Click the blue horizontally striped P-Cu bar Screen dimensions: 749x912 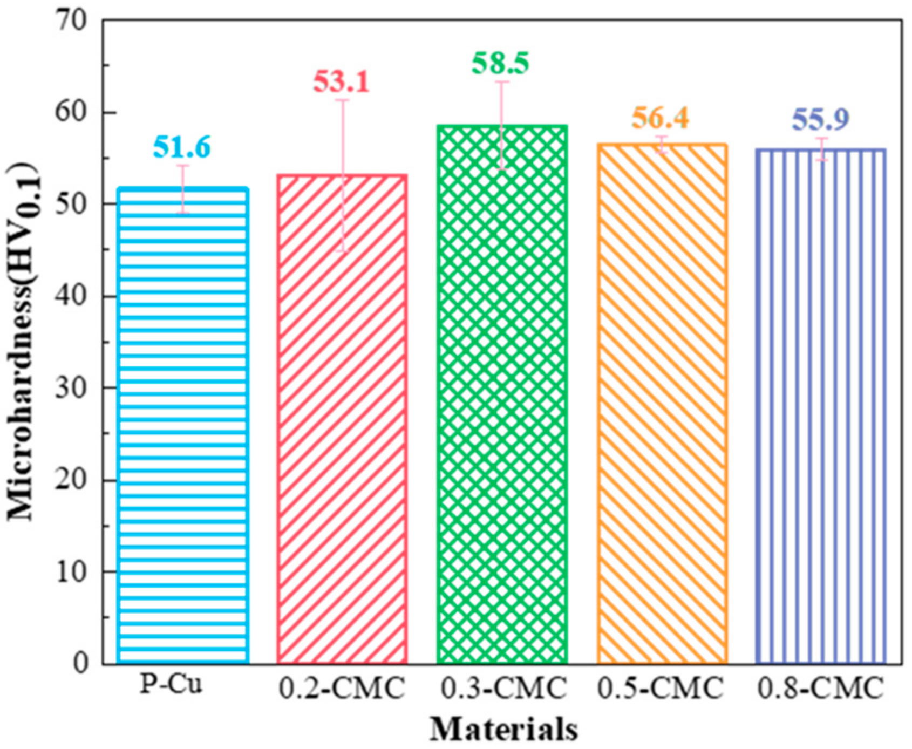[183, 426]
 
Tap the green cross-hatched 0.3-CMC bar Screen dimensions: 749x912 [502, 394]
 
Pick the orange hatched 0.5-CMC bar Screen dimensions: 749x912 [662, 405]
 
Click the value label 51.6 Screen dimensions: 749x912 [181, 147]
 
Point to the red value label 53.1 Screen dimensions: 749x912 [341, 83]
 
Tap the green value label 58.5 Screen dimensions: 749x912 [500, 63]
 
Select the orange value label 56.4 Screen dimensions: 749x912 [660, 118]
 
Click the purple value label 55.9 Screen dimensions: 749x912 [820, 120]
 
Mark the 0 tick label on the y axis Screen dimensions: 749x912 [80, 663]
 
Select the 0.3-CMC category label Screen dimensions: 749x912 [503, 689]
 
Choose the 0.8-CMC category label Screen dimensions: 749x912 [820, 689]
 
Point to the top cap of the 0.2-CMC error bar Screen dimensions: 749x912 [342, 100]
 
